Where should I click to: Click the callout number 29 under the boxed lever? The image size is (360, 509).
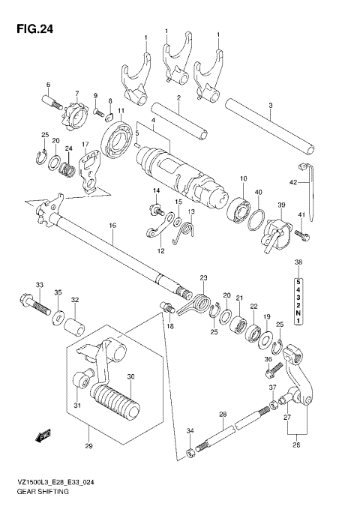click(x=88, y=448)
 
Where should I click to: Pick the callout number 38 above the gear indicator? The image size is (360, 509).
click(x=298, y=262)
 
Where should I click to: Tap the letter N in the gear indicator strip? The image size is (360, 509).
click(x=298, y=313)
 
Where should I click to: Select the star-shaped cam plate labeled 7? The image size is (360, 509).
click(x=73, y=118)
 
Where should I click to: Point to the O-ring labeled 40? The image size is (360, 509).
click(x=255, y=217)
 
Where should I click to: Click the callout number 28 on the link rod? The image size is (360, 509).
click(x=222, y=414)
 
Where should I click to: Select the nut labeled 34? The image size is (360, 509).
click(x=188, y=451)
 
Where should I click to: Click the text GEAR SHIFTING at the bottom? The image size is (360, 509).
click(x=39, y=492)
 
